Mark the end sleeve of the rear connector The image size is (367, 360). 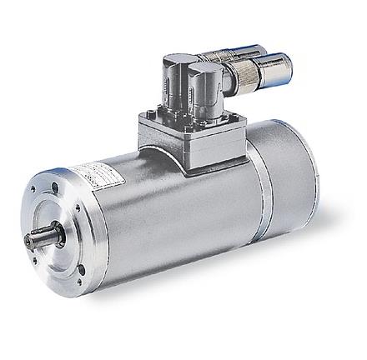(x=249, y=51)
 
